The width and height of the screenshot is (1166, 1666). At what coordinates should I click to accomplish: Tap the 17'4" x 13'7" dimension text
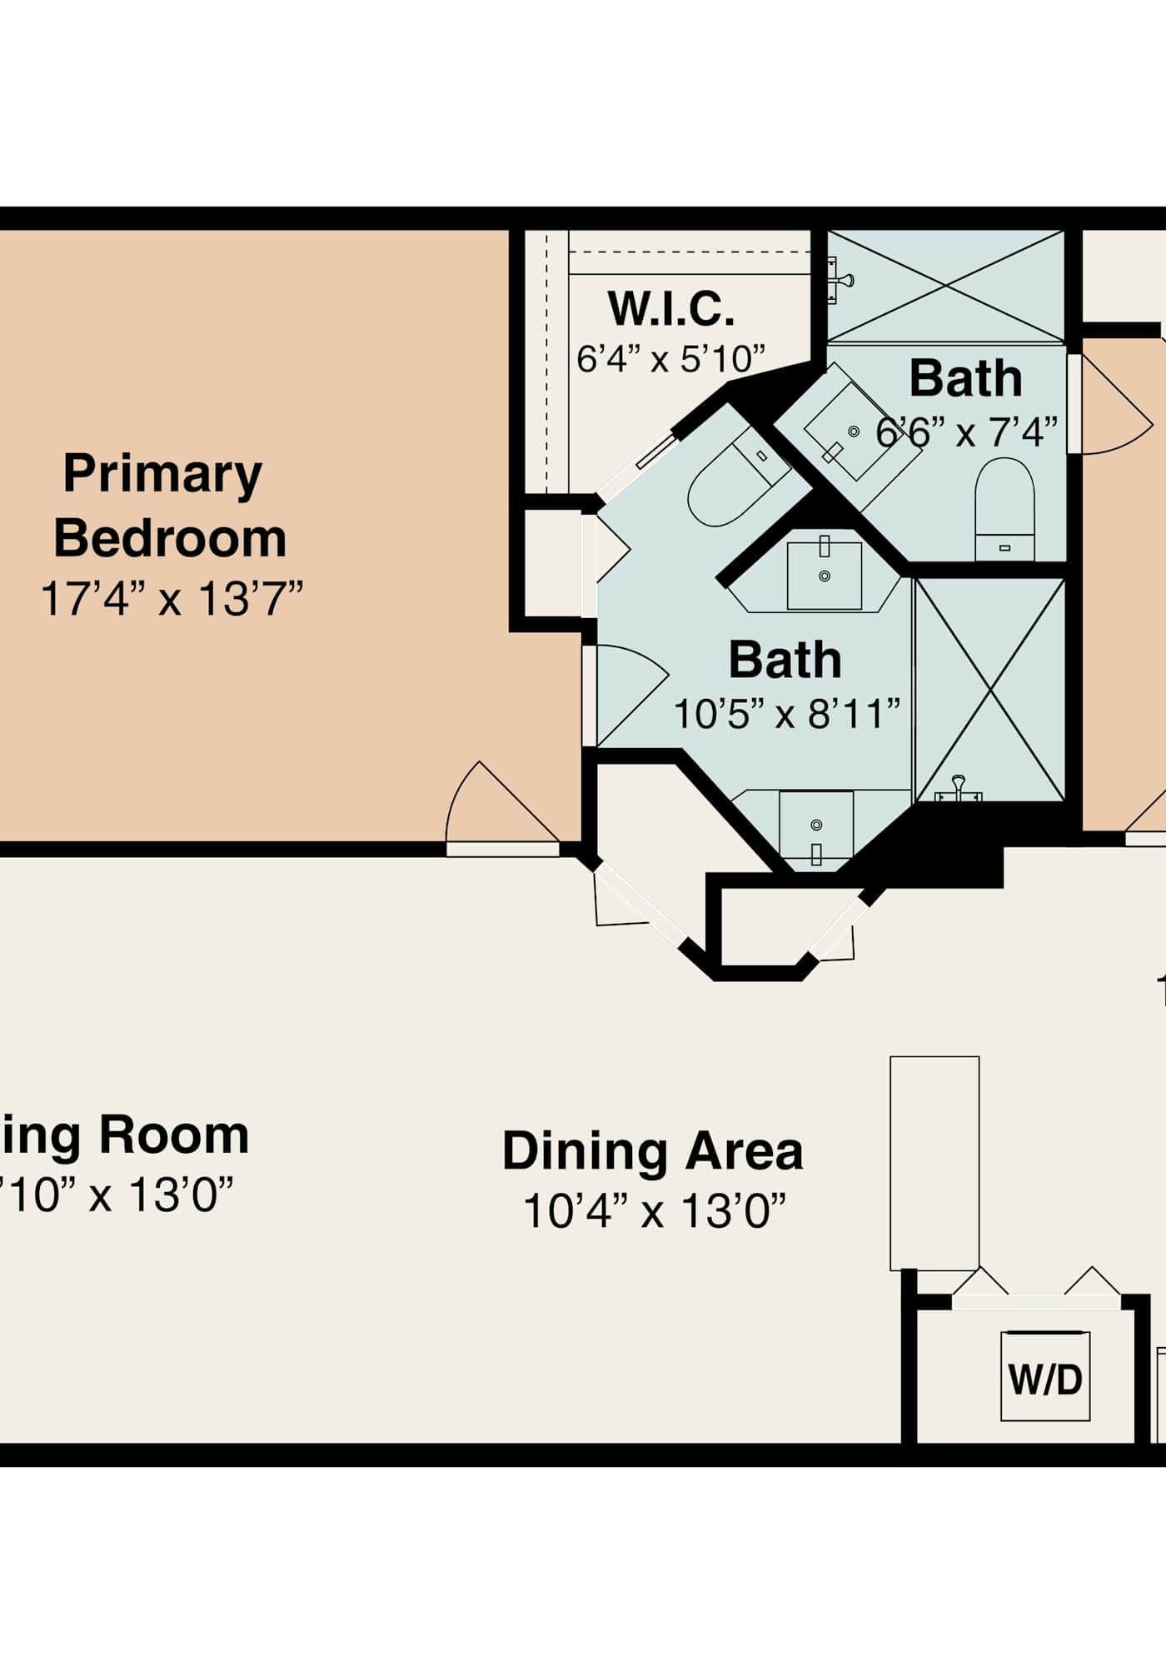click(x=171, y=598)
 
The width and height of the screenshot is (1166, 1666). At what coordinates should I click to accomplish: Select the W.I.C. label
click(x=671, y=309)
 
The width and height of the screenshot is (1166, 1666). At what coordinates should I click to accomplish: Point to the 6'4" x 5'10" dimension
click(x=670, y=359)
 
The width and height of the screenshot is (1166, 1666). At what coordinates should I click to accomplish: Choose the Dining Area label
click(x=652, y=1150)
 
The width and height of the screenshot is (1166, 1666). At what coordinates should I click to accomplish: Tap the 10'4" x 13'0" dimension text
click(x=655, y=1211)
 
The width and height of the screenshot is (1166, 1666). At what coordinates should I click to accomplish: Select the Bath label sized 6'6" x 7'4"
click(x=965, y=378)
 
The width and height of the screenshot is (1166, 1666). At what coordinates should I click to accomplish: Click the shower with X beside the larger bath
click(x=989, y=690)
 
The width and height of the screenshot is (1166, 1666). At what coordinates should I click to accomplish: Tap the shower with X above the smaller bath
click(x=946, y=286)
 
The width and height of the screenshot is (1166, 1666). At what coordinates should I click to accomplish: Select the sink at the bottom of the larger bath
click(x=815, y=829)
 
